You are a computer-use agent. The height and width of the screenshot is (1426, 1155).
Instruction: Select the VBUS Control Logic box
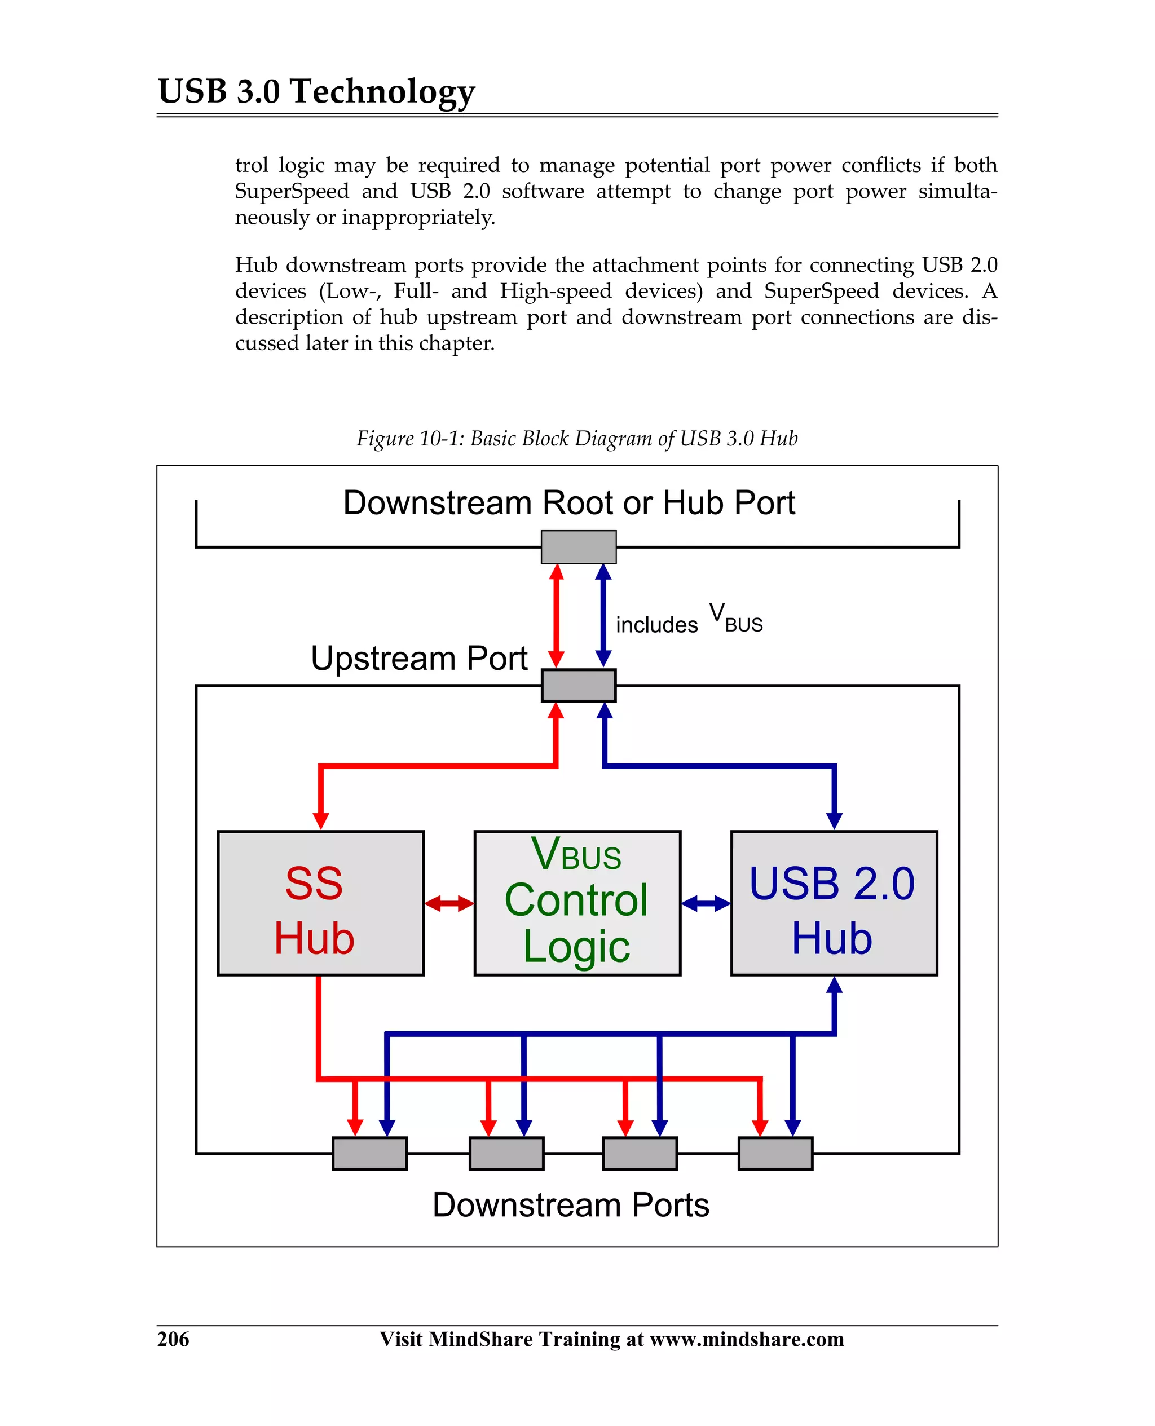577,903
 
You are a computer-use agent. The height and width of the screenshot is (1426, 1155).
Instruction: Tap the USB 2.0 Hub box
834,903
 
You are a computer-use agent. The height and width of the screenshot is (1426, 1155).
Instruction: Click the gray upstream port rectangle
578,685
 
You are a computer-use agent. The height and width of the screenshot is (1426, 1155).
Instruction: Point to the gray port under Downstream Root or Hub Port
578,547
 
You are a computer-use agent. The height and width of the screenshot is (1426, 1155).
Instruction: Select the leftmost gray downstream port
369,1153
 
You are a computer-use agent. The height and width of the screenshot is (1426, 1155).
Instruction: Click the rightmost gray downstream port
775,1153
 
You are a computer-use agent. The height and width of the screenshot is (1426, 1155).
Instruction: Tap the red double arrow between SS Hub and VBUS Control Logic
449,903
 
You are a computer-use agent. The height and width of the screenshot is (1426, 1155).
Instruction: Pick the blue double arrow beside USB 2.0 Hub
706,903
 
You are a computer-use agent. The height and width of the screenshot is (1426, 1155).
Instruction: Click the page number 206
173,1338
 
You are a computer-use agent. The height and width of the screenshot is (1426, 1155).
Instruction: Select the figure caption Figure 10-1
577,438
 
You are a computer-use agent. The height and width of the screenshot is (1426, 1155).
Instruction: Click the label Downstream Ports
571,1204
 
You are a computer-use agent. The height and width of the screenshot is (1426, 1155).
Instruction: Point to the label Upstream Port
418,658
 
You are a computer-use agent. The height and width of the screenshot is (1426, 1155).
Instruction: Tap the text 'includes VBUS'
689,621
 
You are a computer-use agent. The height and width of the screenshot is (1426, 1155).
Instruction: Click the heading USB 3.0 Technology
316,91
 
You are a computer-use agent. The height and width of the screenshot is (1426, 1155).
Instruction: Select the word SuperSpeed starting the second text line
292,191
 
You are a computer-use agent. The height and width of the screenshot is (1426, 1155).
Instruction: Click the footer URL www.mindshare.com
747,1338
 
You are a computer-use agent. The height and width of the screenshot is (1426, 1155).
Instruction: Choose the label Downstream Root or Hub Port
569,503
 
